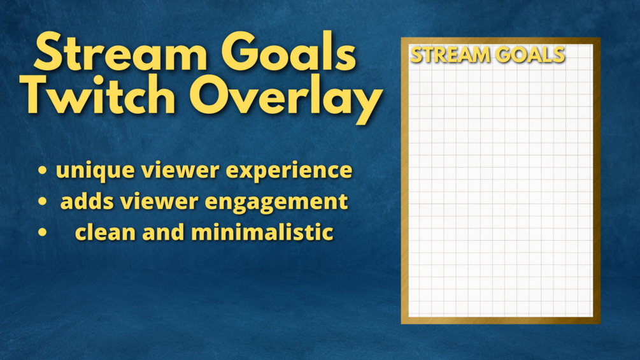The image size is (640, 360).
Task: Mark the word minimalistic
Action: tap(262, 232)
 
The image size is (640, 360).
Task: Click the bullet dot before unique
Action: tap(42, 171)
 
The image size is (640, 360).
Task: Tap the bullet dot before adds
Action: tap(42, 202)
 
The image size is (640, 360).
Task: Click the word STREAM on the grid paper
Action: tap(450, 55)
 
